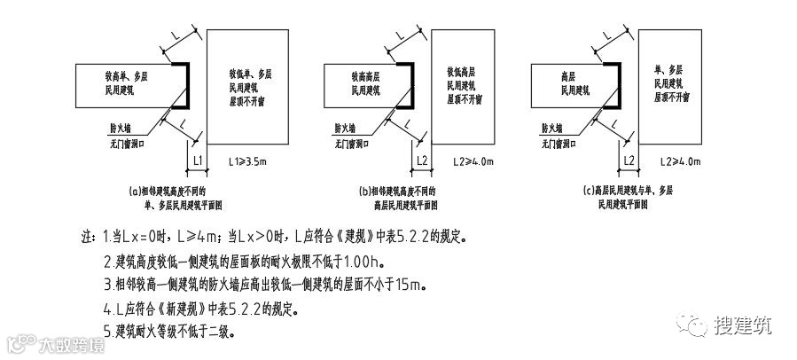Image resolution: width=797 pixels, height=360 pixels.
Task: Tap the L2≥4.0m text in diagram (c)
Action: (x=682, y=161)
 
